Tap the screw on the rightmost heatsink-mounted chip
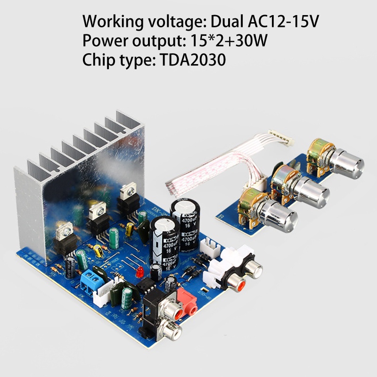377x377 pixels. (x=126, y=191)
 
